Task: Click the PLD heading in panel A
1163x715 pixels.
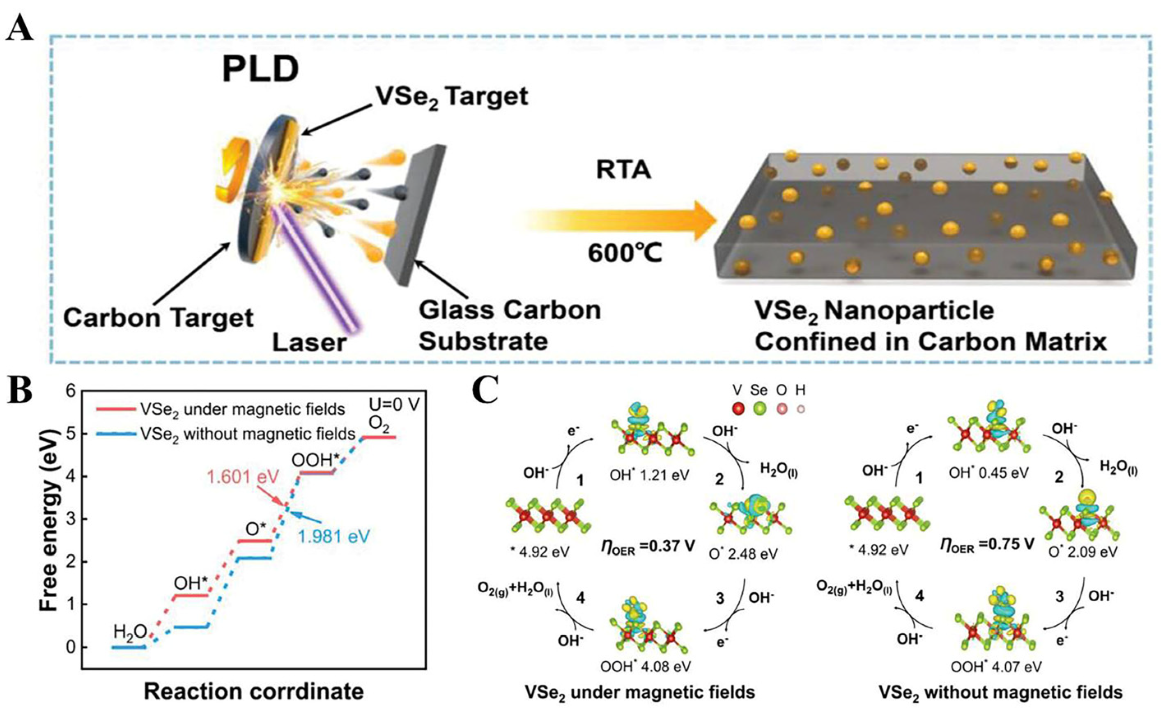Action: click(260, 69)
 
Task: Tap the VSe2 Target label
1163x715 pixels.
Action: click(451, 97)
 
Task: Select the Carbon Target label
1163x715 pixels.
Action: click(159, 317)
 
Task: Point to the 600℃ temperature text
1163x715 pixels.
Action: click(625, 254)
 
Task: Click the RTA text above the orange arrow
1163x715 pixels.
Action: click(624, 171)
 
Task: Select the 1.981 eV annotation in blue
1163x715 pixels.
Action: click(333, 536)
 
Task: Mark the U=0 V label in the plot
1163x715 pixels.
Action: click(395, 405)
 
